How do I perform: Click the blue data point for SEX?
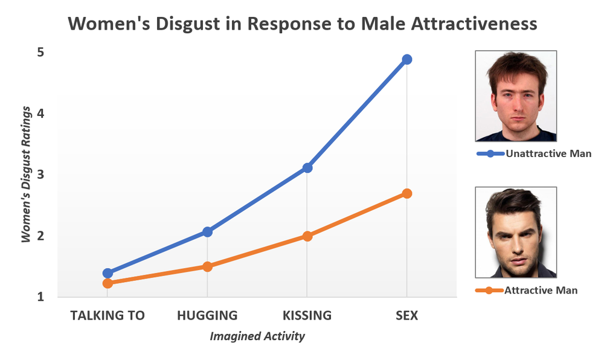click(x=406, y=59)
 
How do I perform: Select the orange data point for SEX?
click(x=406, y=193)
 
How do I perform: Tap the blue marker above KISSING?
click(x=307, y=167)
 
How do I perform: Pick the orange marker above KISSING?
click(x=307, y=236)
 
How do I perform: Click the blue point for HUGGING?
click(x=207, y=231)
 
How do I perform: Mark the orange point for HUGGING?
click(x=207, y=266)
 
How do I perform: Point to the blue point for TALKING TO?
click(x=108, y=273)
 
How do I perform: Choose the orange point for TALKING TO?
click(x=108, y=283)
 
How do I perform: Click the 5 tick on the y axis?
click(x=40, y=53)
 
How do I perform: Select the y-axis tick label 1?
click(x=40, y=297)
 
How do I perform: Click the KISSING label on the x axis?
click(x=307, y=315)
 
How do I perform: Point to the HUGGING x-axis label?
click(x=207, y=315)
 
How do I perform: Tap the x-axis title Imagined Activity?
click(x=257, y=336)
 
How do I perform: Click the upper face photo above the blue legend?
click(x=516, y=96)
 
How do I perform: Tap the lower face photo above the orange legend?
click(x=516, y=232)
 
